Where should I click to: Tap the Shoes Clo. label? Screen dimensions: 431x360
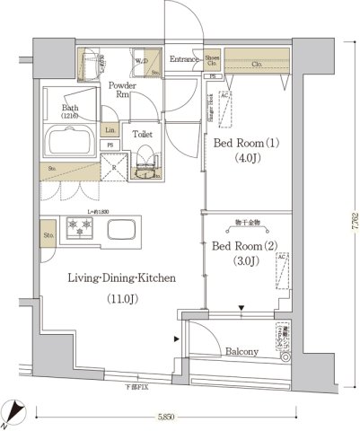point(212,59)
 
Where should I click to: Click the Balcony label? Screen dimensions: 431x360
point(242,352)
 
